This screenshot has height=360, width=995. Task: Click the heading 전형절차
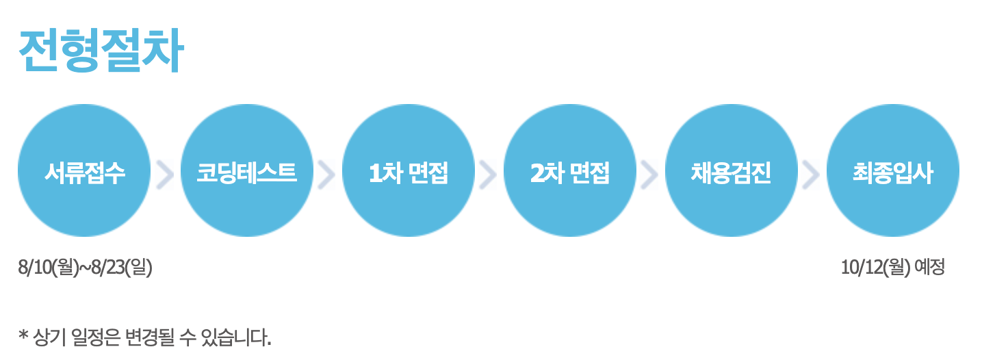coord(101,51)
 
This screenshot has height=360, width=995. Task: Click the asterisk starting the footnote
coord(24,336)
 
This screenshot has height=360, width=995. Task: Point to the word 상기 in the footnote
coord(49,337)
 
